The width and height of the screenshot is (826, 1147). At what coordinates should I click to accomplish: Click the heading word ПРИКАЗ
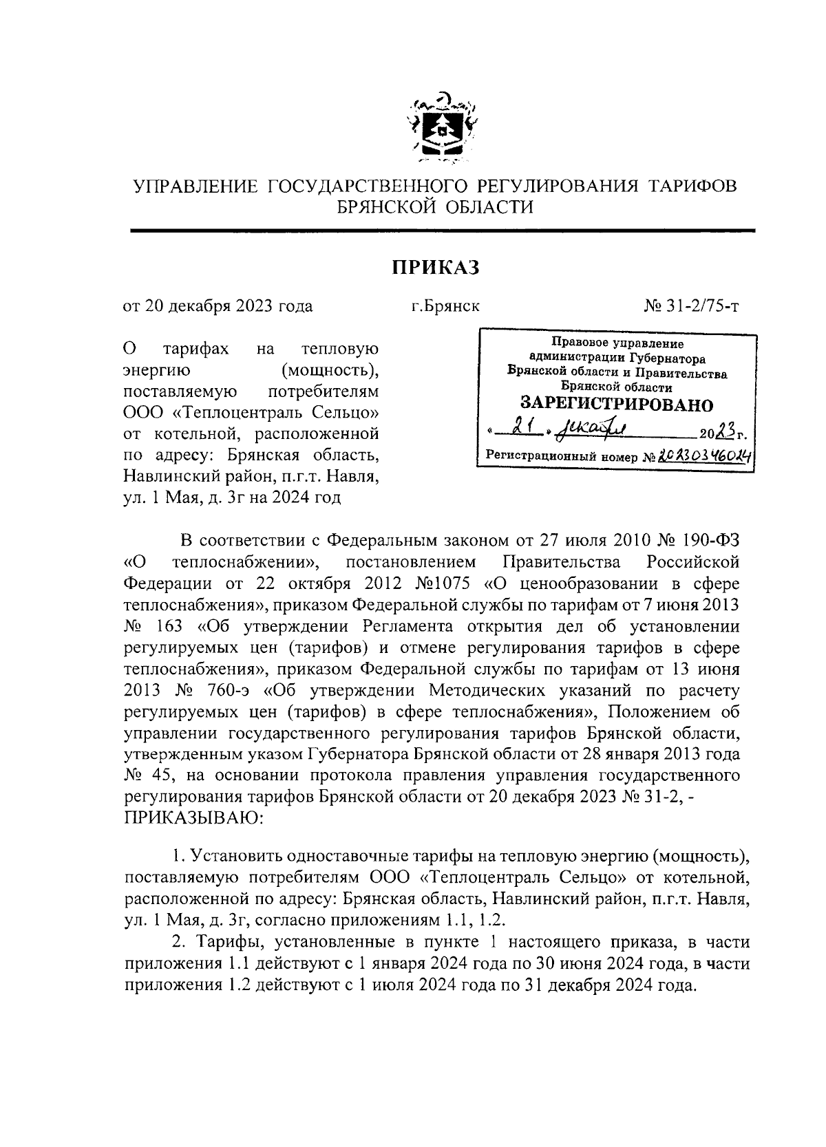[435, 267]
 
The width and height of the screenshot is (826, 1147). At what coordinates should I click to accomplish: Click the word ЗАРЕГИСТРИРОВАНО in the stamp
[616, 405]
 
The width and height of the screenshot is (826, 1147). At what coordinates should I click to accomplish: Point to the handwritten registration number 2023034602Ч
[702, 455]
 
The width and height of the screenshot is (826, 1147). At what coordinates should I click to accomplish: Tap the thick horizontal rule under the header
[443, 231]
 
